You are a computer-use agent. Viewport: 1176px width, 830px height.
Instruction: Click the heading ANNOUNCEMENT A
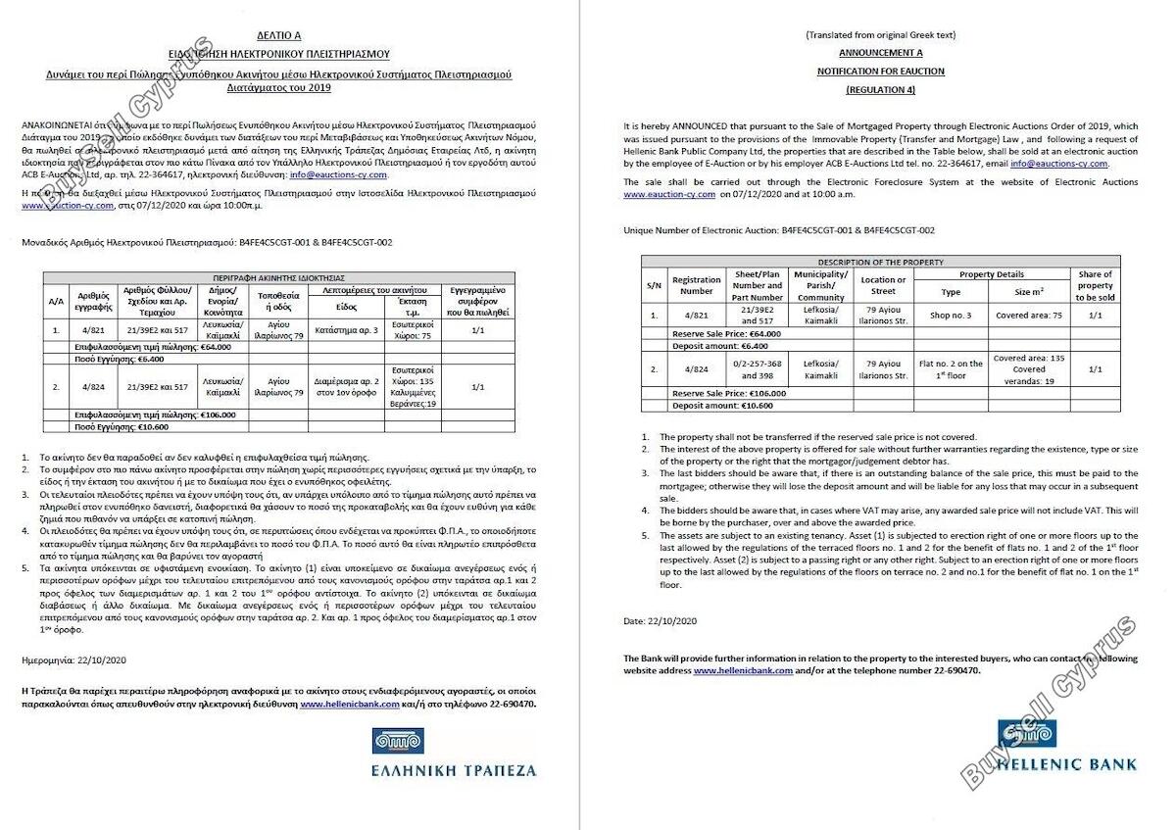pyautogui.click(x=880, y=53)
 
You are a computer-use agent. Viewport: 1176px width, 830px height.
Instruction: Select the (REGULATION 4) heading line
pyautogui.click(x=880, y=89)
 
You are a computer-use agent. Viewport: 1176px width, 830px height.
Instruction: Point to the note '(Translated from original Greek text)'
pyautogui.click(x=880, y=35)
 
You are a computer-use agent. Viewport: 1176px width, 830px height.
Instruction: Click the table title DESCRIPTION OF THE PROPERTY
pyautogui.click(x=880, y=262)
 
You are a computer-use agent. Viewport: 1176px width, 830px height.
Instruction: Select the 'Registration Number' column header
pyautogui.click(x=696, y=285)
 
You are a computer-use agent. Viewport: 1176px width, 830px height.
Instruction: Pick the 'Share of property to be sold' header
pyautogui.click(x=1095, y=285)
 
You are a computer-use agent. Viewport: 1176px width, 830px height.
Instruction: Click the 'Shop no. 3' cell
pyautogui.click(x=951, y=316)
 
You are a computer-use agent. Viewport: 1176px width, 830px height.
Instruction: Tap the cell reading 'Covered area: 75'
pyautogui.click(x=1028, y=316)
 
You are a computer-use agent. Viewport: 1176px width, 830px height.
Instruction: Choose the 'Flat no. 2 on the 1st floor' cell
pyautogui.click(x=951, y=369)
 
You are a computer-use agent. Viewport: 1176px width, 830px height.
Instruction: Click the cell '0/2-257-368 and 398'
pyautogui.click(x=758, y=369)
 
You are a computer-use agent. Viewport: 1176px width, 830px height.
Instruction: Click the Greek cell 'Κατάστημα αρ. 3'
pyautogui.click(x=347, y=330)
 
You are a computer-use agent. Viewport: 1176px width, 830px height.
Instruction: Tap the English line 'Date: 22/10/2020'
pyautogui.click(x=660, y=621)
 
